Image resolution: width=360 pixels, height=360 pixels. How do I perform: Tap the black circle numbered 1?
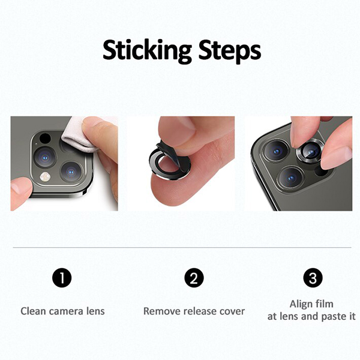62,278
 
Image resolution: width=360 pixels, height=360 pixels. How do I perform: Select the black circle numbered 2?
194,278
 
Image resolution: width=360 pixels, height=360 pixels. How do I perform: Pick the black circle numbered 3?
313,278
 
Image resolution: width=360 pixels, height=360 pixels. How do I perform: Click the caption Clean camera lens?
62,311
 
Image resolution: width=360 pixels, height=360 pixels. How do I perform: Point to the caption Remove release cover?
194,311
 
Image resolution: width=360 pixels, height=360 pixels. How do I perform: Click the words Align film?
311,304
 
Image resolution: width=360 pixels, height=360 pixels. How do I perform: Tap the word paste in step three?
334,317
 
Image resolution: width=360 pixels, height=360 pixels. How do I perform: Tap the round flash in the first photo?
46,177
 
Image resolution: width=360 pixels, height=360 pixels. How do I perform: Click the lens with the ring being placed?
310,152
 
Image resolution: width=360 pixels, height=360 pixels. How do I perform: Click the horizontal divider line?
182,248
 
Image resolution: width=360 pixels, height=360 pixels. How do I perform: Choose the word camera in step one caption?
67,311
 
